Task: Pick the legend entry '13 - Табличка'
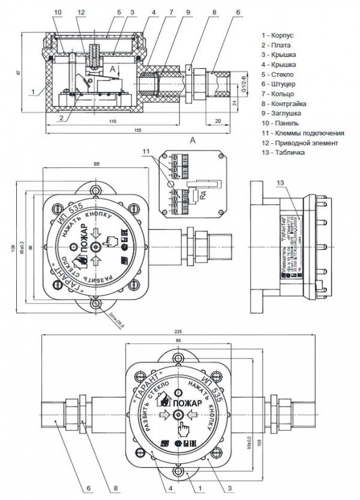(x=286, y=152)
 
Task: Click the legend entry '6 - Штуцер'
(x=283, y=83)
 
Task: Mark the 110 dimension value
(x=112, y=121)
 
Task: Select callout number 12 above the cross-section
(x=82, y=12)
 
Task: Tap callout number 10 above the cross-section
(x=57, y=12)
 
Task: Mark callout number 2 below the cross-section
(x=62, y=118)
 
